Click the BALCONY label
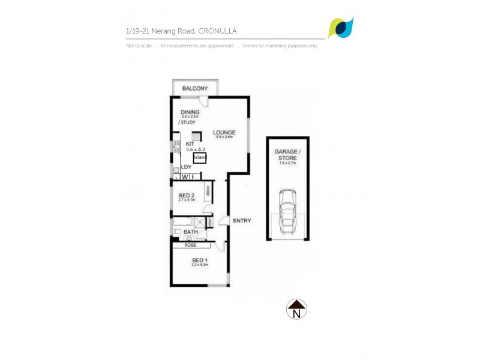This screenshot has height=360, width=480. [195, 89]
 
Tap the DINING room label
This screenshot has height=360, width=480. [190, 112]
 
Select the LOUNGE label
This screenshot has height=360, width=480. [223, 133]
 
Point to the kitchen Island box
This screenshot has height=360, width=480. [200, 158]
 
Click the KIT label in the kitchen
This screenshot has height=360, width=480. [190, 144]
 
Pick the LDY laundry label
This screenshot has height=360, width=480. [186, 167]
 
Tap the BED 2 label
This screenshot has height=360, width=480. [187, 196]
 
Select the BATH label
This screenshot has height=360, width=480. [191, 232]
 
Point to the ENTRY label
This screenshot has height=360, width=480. [242, 221]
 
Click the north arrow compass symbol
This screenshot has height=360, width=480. [296, 309]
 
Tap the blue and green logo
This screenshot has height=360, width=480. [341, 28]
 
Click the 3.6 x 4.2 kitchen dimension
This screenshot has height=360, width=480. [196, 150]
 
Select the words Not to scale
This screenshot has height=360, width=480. [138, 46]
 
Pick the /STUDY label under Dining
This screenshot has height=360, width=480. [187, 122]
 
